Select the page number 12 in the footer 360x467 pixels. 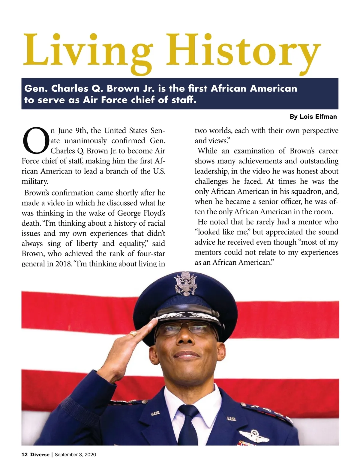24,454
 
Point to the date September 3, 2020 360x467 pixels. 75,454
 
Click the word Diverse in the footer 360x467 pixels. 40,454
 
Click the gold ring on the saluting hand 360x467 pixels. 133,334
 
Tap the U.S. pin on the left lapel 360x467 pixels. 155,414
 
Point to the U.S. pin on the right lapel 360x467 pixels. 231,419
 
